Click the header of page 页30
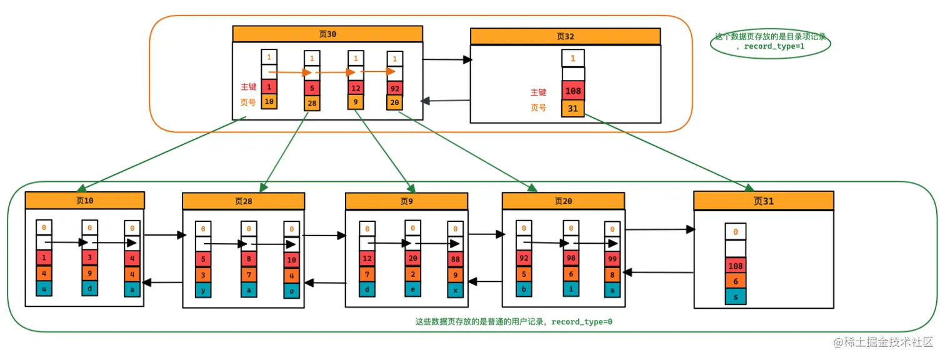click(x=327, y=34)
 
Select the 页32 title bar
click(x=565, y=36)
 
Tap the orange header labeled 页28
click(x=243, y=201)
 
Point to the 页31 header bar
click(x=763, y=201)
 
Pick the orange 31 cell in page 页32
click(x=572, y=109)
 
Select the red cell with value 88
click(x=455, y=257)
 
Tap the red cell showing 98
click(x=571, y=257)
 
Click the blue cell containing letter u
click(x=44, y=289)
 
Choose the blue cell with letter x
click(x=455, y=290)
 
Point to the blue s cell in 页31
click(x=736, y=296)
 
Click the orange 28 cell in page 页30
click(x=312, y=103)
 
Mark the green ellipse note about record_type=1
click(x=770, y=42)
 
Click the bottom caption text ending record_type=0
click(x=513, y=322)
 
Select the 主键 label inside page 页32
click(x=538, y=92)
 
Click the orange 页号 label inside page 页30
click(x=248, y=102)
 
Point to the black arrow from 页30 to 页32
click(x=447, y=60)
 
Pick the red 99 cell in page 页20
click(x=612, y=257)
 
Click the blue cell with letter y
click(x=202, y=290)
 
